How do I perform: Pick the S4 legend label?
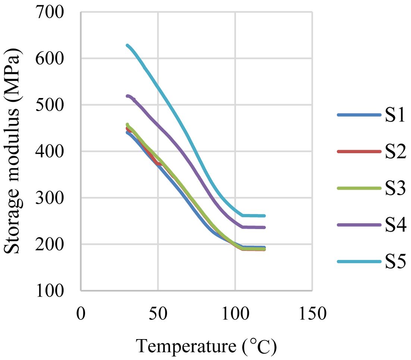pos(395,225)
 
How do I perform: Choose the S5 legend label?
pos(395,262)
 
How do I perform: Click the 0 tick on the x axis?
pos(81,314)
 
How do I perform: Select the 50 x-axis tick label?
pos(158,314)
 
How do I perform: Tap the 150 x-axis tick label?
pos(312,314)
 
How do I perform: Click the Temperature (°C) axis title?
pos(206,346)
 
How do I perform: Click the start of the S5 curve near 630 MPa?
pos(128,45)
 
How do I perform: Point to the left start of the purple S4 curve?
pos(128,96)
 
